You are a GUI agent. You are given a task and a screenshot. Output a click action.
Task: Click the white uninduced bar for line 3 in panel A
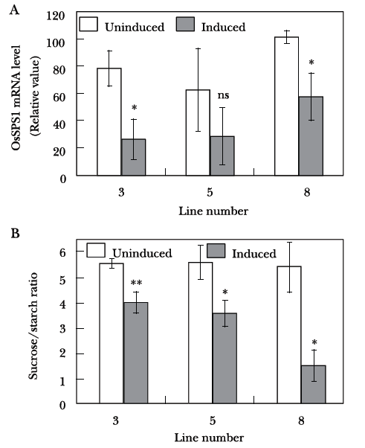point(109,122)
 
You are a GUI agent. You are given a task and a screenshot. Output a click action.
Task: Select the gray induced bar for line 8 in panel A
point(311,136)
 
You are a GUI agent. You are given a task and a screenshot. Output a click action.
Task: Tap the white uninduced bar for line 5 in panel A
point(198,132)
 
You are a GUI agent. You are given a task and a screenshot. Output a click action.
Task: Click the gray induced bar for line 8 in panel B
point(314,384)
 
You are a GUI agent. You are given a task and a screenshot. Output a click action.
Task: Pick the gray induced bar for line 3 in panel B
point(136,353)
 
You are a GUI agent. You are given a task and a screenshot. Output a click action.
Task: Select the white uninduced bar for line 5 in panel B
point(200,333)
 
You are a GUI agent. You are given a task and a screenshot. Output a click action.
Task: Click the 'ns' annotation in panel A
point(223,95)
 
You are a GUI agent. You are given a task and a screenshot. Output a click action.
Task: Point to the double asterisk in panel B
point(136,283)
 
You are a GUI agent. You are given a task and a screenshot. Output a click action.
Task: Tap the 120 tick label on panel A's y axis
point(55,16)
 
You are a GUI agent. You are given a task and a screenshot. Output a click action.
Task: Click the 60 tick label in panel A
point(59,97)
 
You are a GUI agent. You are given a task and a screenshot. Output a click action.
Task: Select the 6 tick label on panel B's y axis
point(62,252)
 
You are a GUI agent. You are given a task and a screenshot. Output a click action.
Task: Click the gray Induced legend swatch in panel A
point(185,24)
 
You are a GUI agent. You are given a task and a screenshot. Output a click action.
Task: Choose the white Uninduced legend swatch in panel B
point(96,250)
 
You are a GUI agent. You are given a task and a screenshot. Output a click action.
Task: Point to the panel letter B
point(15,234)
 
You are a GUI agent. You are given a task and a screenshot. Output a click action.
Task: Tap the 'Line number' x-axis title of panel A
point(213,211)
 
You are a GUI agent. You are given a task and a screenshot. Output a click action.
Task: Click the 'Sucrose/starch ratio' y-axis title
point(33,326)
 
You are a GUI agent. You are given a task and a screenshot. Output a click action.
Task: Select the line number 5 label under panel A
point(210,192)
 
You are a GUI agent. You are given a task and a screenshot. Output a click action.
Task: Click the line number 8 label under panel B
point(301,421)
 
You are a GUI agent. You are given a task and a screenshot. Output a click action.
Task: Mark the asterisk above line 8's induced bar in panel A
point(311,62)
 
